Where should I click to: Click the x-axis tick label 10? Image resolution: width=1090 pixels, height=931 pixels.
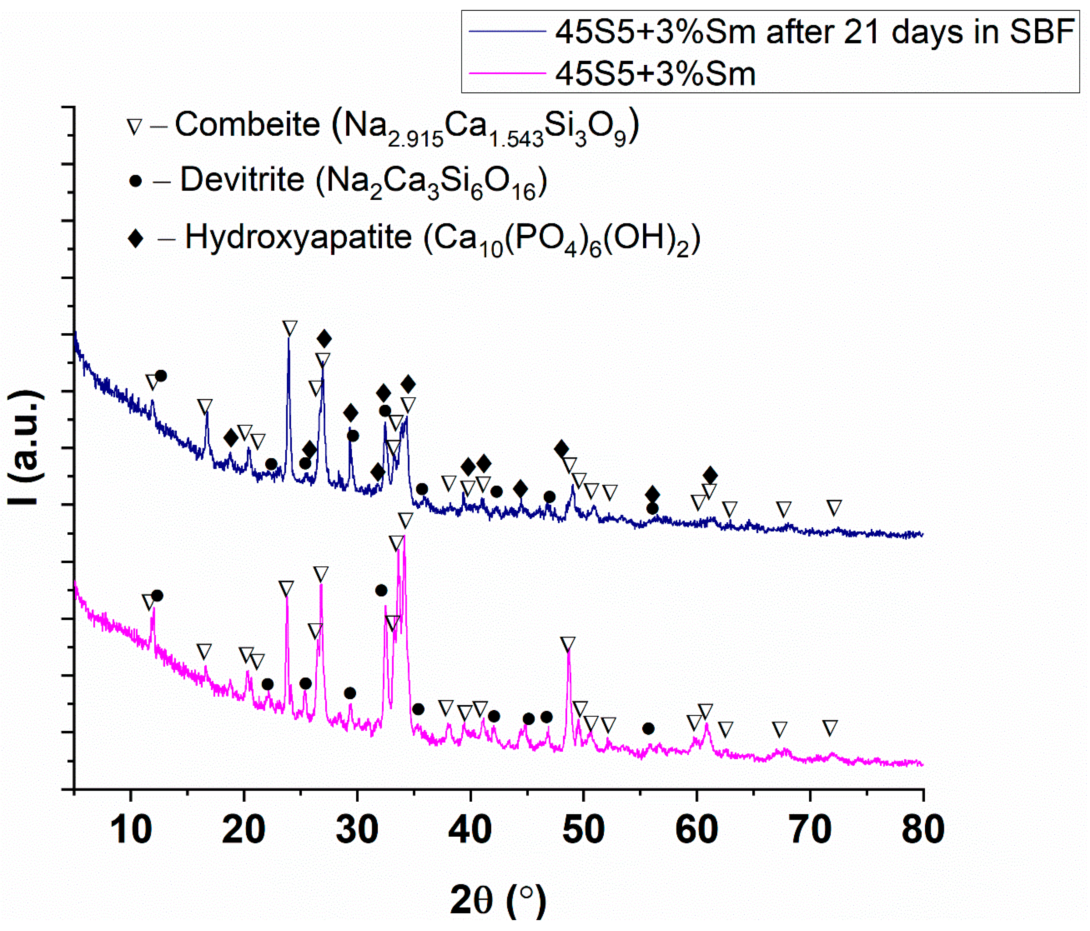pyautogui.click(x=131, y=830)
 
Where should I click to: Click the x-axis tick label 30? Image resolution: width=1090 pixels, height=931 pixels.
pyautogui.click(x=357, y=830)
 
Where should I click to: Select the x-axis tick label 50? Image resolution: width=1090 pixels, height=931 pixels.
pyautogui.click(x=583, y=830)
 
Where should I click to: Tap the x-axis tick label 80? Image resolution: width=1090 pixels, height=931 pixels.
pyautogui.click(x=923, y=830)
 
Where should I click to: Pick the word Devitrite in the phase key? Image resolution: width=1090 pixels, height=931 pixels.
pyautogui.click(x=242, y=180)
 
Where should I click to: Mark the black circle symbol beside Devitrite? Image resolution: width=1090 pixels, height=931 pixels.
pyautogui.click(x=136, y=181)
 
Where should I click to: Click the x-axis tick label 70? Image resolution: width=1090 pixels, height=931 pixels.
pyautogui.click(x=810, y=830)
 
